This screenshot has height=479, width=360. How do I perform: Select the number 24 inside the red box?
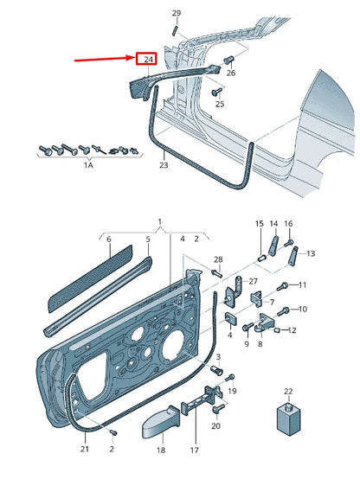pyautogui.click(x=148, y=59)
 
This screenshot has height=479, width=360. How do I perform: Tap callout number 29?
pyautogui.click(x=176, y=12)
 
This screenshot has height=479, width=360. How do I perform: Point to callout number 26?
pyautogui.click(x=230, y=73)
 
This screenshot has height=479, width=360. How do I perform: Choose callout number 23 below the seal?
pyautogui.click(x=164, y=163)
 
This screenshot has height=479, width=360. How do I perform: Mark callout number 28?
pyautogui.click(x=218, y=259)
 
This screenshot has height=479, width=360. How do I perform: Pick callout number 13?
pyautogui.click(x=311, y=253)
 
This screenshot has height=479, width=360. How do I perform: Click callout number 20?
pyautogui.click(x=215, y=426)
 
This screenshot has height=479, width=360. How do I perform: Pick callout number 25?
pyautogui.click(x=219, y=105)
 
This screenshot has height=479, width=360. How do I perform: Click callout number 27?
pyautogui.click(x=254, y=281)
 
